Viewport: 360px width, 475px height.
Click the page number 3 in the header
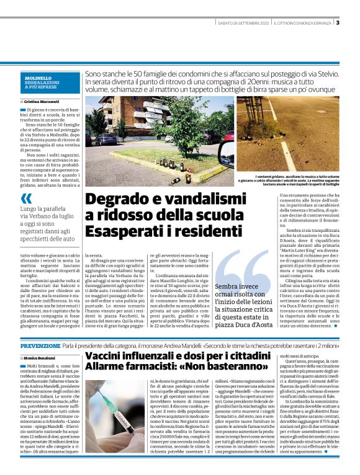click(338, 24)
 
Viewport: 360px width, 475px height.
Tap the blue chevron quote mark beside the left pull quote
click(26, 199)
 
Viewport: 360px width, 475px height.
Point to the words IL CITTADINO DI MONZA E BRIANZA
click(303, 24)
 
